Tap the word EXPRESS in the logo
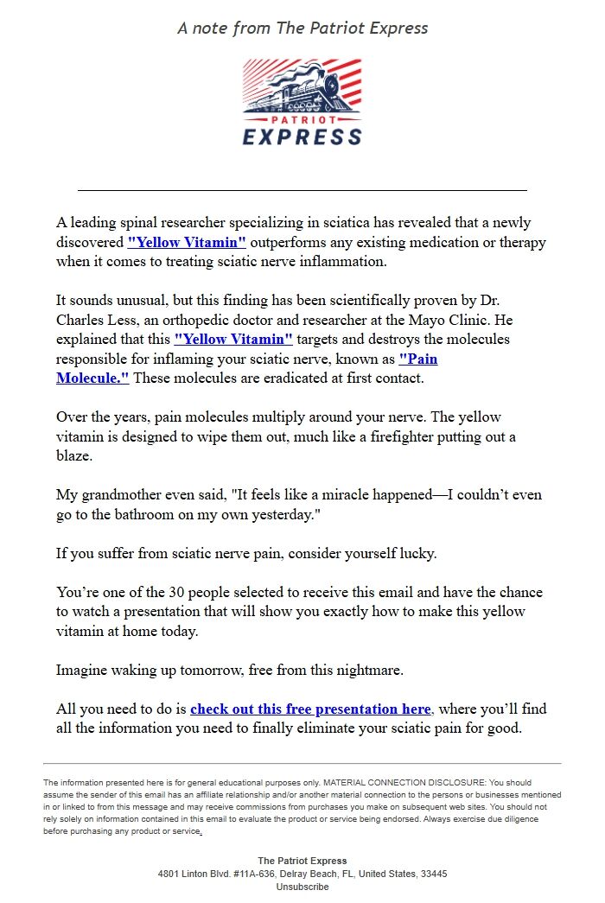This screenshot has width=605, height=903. click(x=302, y=137)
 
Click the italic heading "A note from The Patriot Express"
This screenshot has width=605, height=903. click(x=302, y=28)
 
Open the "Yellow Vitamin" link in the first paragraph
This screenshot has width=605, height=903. click(x=187, y=243)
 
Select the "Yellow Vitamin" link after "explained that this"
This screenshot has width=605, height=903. click(x=233, y=339)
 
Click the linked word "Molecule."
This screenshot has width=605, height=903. click(x=92, y=378)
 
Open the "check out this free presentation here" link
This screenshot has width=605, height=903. click(x=310, y=709)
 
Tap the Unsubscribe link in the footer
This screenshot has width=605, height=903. click(x=302, y=887)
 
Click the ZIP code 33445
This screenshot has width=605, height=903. click(x=432, y=874)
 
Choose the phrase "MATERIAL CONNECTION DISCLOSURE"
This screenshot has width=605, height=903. click(x=388, y=782)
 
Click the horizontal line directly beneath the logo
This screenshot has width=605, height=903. click(x=302, y=189)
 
